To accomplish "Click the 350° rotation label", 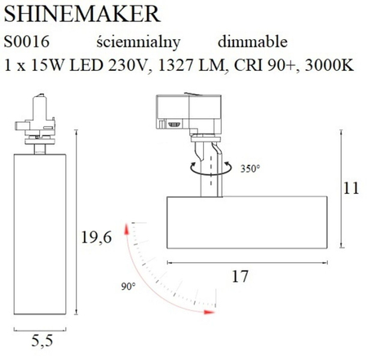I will [250, 169].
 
